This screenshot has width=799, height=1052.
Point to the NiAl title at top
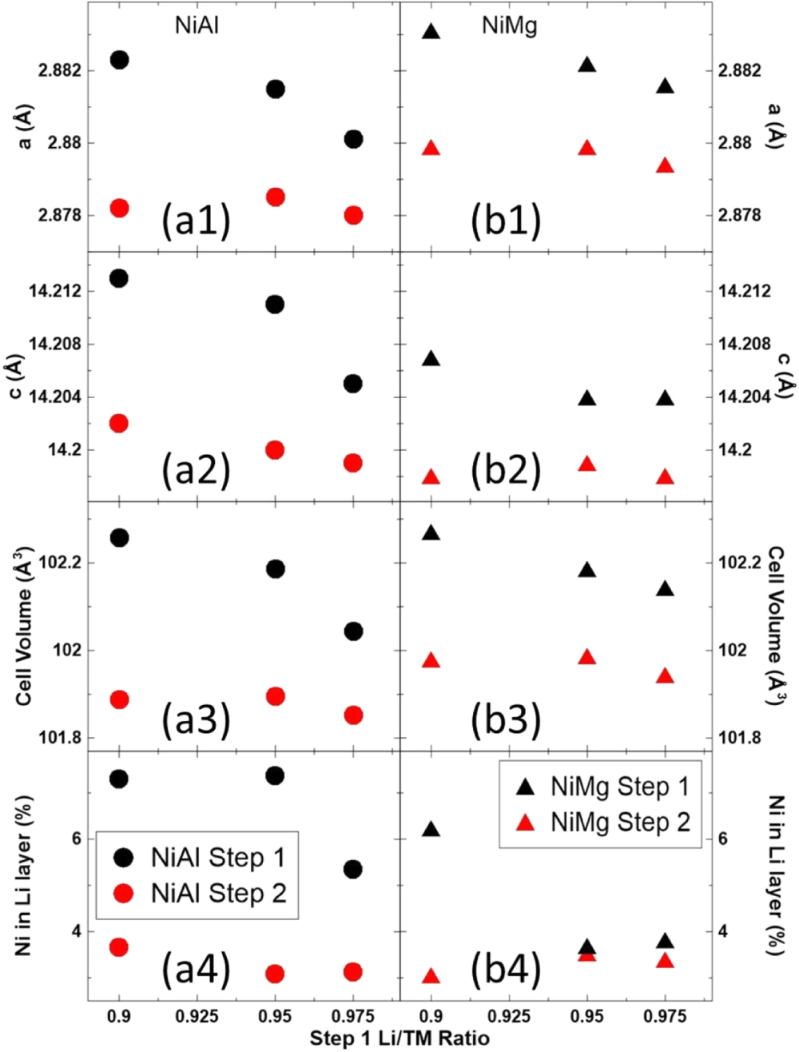click(x=197, y=26)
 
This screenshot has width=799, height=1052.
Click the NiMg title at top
click(x=509, y=26)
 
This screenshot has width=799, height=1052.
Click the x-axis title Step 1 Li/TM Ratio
click(x=399, y=1038)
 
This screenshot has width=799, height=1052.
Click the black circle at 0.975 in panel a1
click(x=353, y=139)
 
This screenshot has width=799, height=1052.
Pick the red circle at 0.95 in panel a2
click(x=275, y=450)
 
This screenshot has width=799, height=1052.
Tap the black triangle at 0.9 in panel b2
click(x=431, y=359)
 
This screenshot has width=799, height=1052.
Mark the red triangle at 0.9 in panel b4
click(x=431, y=976)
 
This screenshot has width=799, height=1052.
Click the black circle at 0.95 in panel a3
click(x=275, y=569)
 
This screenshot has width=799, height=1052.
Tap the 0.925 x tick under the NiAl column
click(x=197, y=1016)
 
